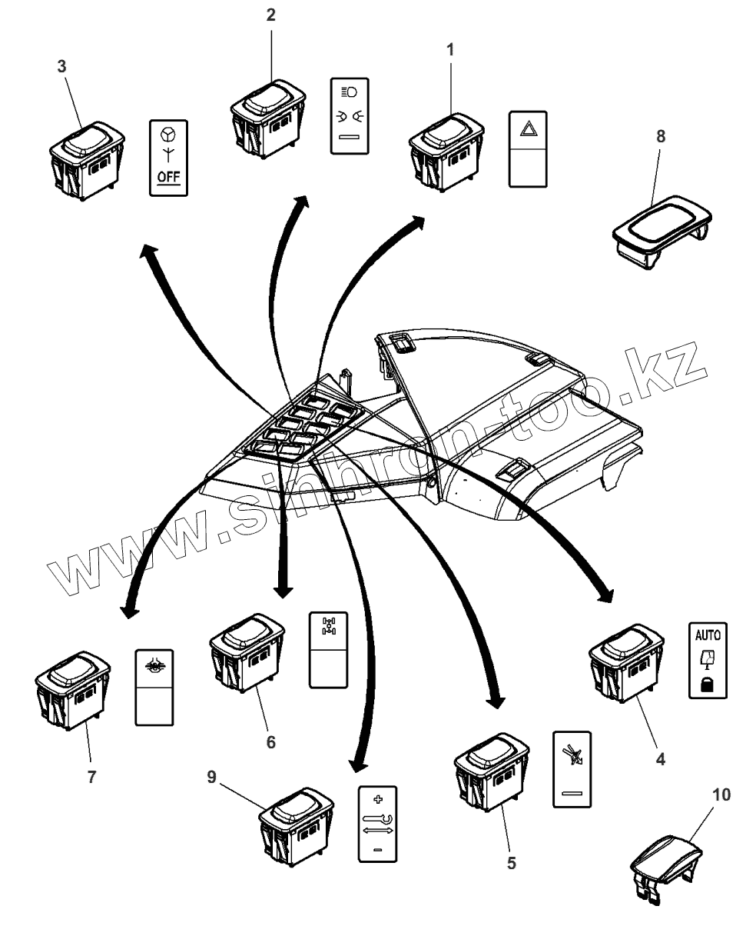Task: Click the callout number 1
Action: [450, 50]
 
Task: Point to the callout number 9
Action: [211, 778]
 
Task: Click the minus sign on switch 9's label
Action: [376, 849]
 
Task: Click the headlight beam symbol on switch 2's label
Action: [347, 92]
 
